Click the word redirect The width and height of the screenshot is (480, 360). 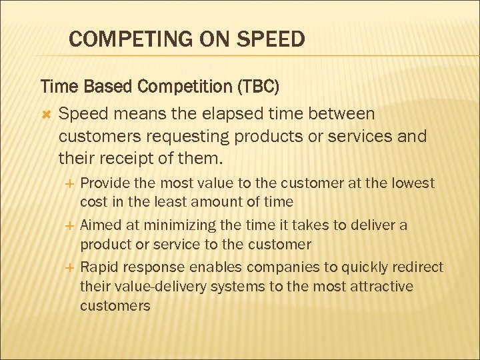pos(418,268)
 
